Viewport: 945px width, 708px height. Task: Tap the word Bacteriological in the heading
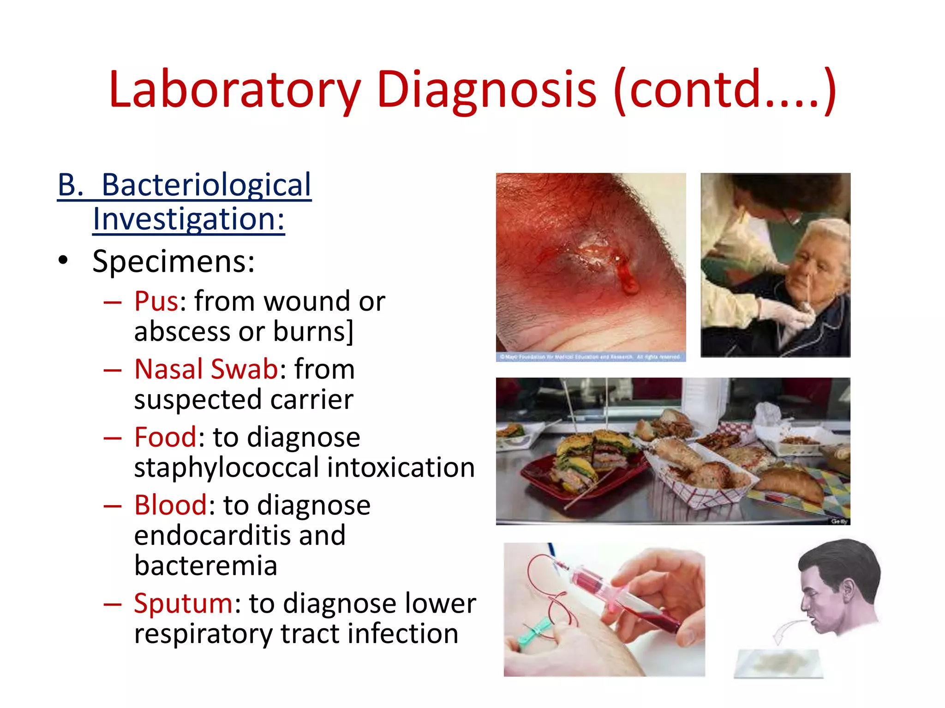tap(206, 185)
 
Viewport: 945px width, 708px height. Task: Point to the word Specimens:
tap(173, 261)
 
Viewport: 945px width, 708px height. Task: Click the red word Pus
tap(156, 301)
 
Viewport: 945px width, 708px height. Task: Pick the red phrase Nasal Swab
tap(206, 369)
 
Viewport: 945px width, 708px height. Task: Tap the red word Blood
tap(171, 505)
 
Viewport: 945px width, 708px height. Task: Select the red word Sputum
tap(184, 603)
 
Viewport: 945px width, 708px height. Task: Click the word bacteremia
tap(206, 566)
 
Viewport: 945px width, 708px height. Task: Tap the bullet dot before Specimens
tap(63, 260)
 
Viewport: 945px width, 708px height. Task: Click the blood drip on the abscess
tap(628, 278)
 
